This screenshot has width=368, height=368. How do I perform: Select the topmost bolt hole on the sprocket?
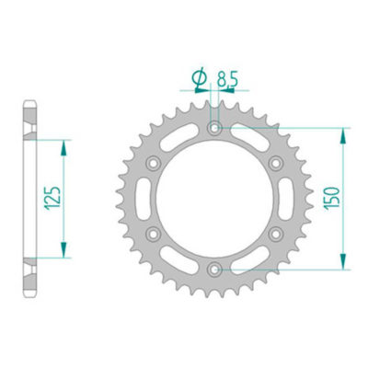click(214, 129)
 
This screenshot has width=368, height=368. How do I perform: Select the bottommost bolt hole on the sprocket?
click(214, 270)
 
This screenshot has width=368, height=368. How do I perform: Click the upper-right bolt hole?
click(275, 164)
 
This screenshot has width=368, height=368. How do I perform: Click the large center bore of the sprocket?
click(214, 199)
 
